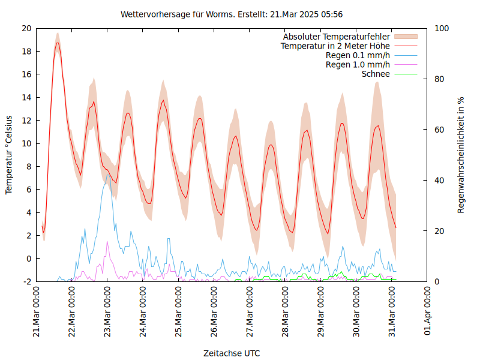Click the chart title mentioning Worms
tap(232, 14)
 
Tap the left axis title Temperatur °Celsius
tap(9, 154)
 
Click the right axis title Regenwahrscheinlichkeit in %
tap(461, 154)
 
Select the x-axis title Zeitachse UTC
tap(232, 353)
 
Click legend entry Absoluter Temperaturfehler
tap(337, 37)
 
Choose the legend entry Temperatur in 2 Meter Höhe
tap(335, 46)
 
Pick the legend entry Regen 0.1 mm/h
tap(358, 55)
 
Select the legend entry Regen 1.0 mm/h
tap(358, 64)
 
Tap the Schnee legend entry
tap(376, 74)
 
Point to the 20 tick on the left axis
tap(26, 28)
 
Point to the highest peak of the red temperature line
tap(58, 43)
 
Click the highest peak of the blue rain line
tap(107, 175)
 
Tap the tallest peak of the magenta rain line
tap(107, 241)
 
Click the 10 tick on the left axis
tap(26, 143)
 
